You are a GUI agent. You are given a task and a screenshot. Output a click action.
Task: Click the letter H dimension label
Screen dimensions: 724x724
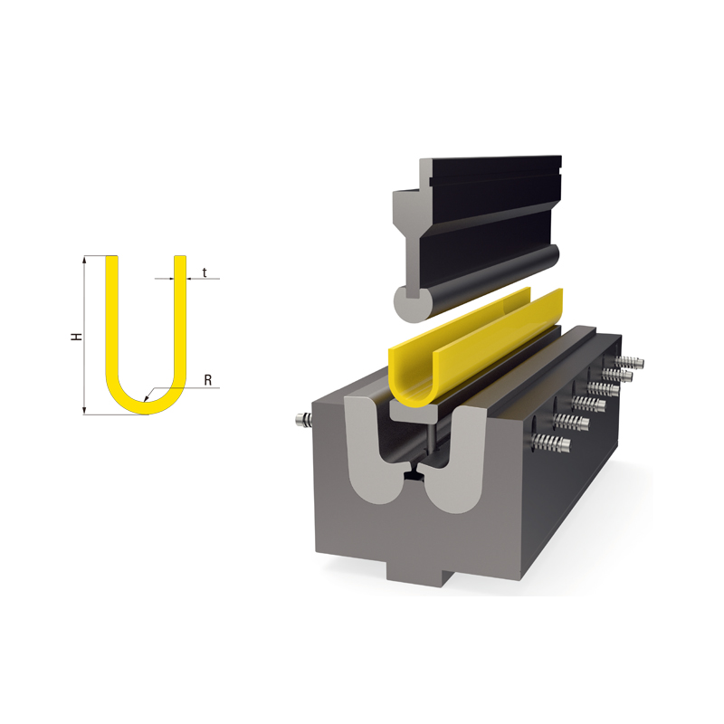79,337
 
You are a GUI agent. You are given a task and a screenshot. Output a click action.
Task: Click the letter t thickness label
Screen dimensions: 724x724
205,273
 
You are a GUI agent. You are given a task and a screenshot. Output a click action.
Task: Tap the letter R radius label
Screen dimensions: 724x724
208,380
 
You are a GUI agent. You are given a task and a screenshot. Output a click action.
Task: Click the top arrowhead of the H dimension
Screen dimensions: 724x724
84,260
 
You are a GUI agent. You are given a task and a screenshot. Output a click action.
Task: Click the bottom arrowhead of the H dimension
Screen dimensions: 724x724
84,411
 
